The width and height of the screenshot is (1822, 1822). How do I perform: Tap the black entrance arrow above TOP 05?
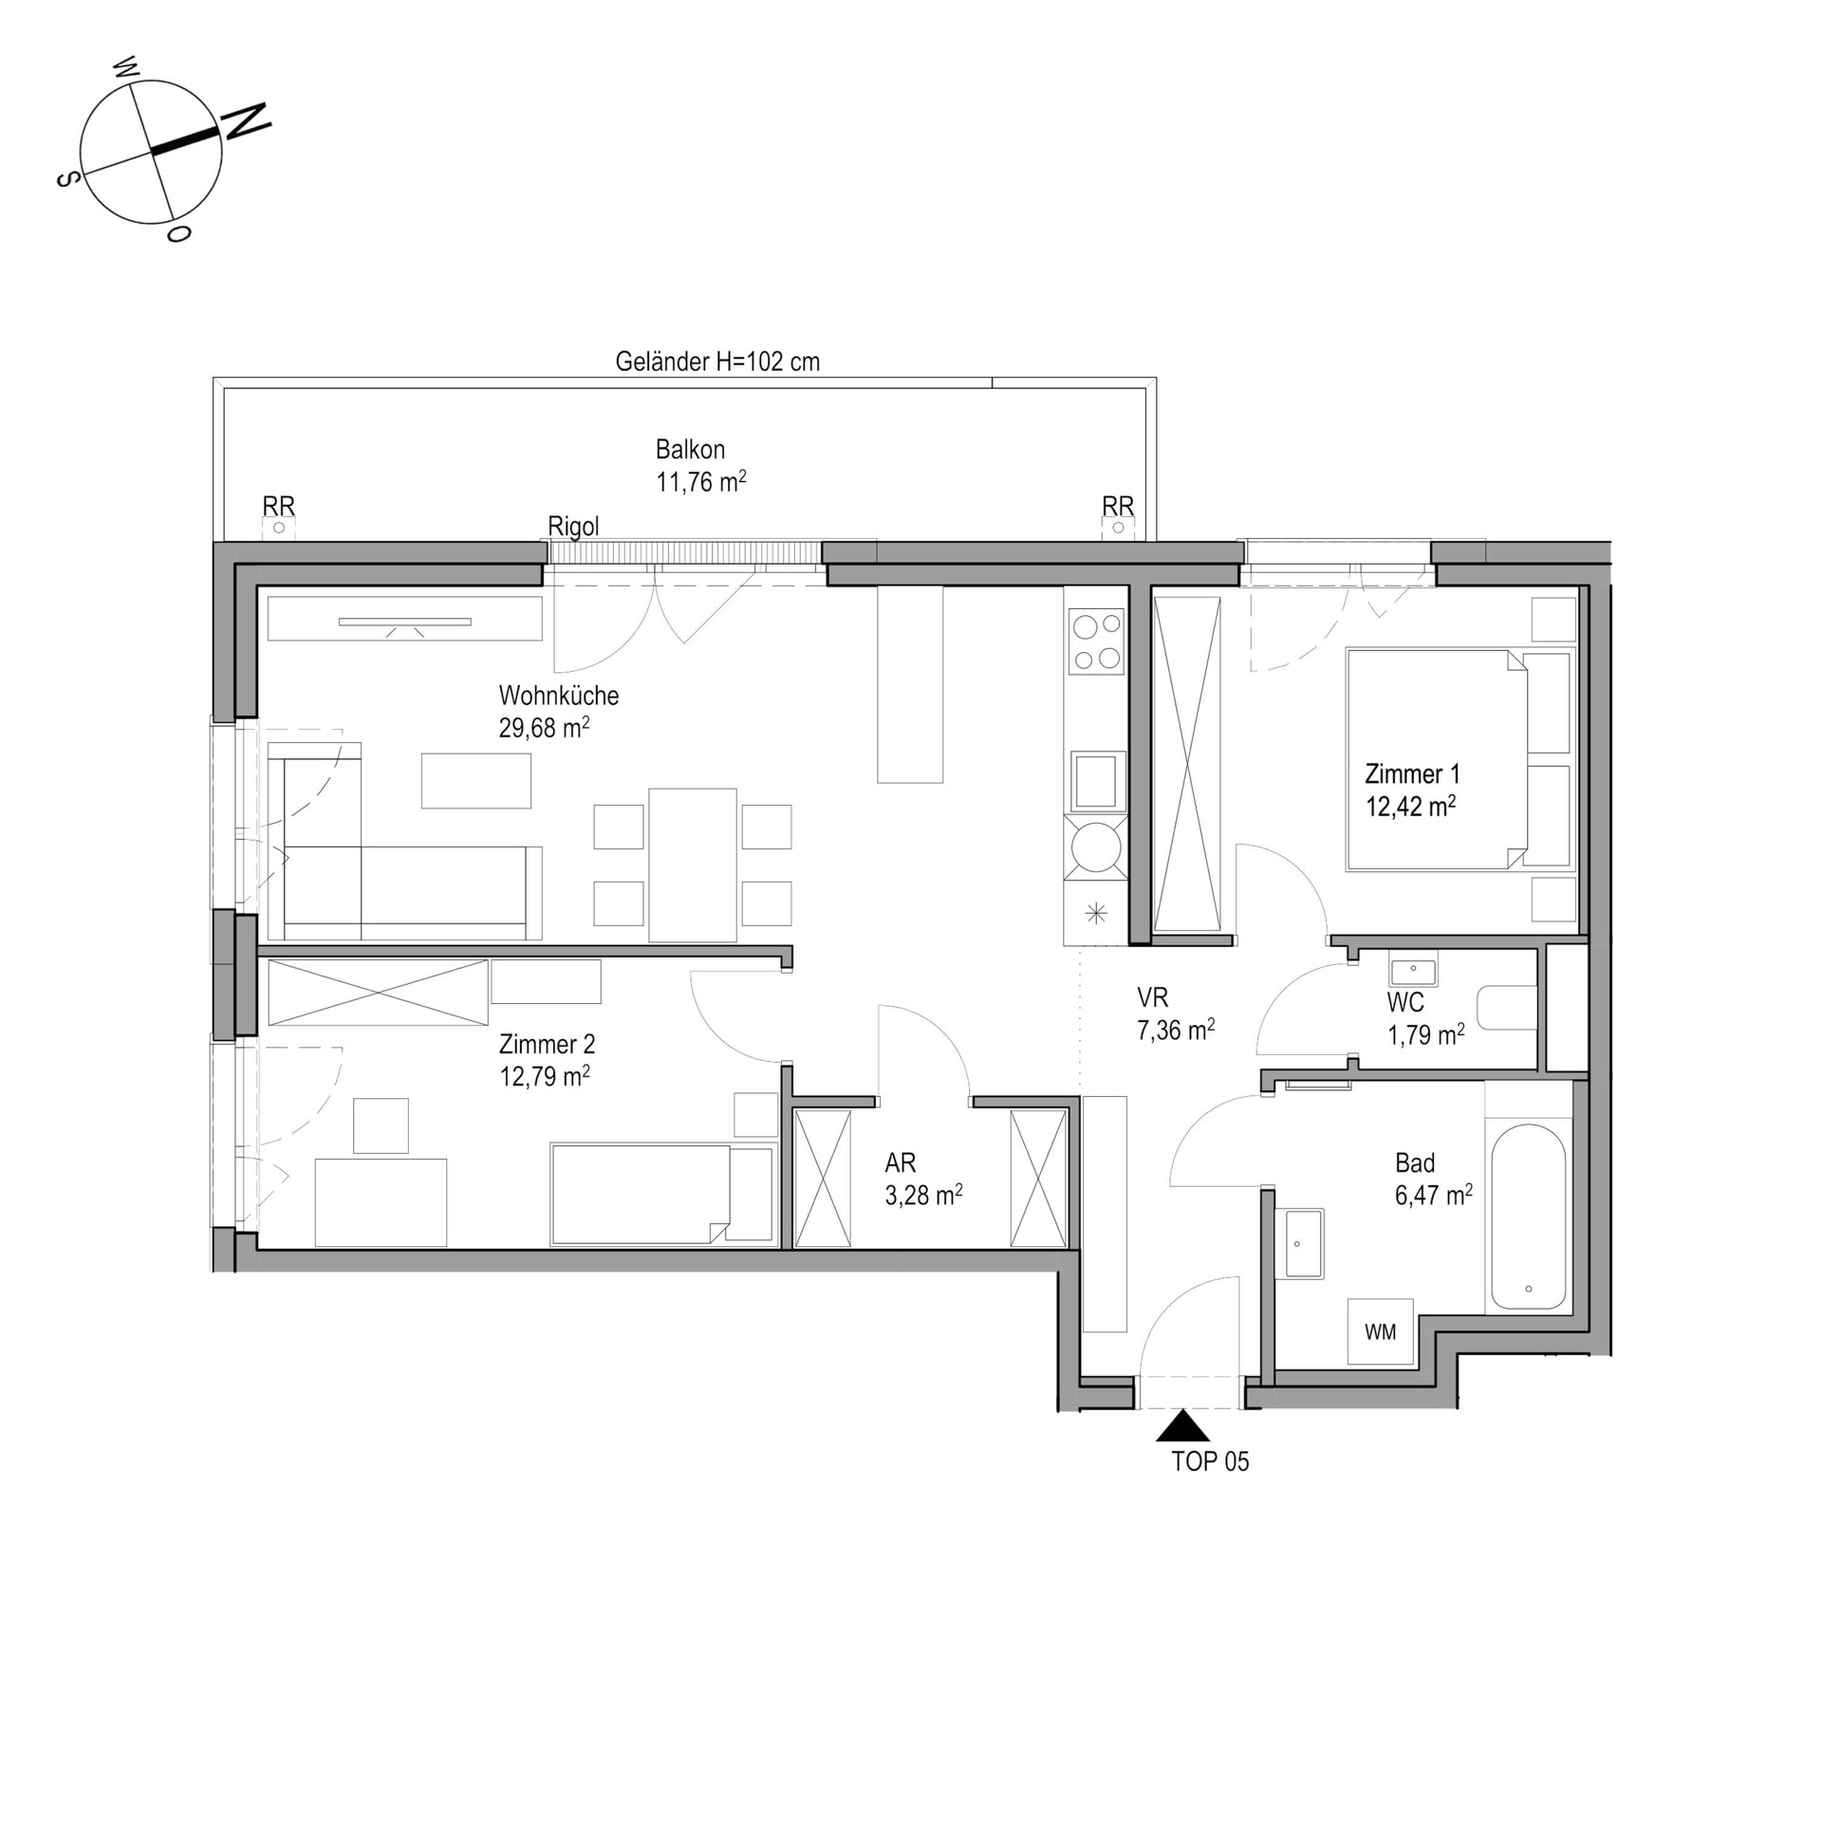coord(1182,1427)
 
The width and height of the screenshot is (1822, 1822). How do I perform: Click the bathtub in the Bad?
coord(1528,1218)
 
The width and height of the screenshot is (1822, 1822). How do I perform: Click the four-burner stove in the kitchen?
coord(1096,641)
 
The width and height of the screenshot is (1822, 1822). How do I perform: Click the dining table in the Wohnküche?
coord(692,865)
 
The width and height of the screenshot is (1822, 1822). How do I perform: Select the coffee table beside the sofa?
coord(476,780)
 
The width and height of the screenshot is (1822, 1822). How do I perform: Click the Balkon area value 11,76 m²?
coord(700,481)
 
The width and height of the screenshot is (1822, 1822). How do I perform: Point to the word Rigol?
coord(574,526)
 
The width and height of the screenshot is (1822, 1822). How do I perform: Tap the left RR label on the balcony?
coord(279,507)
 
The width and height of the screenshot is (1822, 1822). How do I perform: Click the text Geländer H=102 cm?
coord(717,362)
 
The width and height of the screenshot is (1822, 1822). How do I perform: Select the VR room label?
coord(1153,997)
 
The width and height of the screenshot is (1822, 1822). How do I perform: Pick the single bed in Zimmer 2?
coord(661,1193)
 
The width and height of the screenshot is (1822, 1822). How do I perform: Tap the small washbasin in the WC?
coord(1414,972)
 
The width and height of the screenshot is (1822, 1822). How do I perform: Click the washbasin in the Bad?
coord(1304,1243)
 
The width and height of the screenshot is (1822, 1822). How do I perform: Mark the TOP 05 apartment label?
coord(1210,1461)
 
